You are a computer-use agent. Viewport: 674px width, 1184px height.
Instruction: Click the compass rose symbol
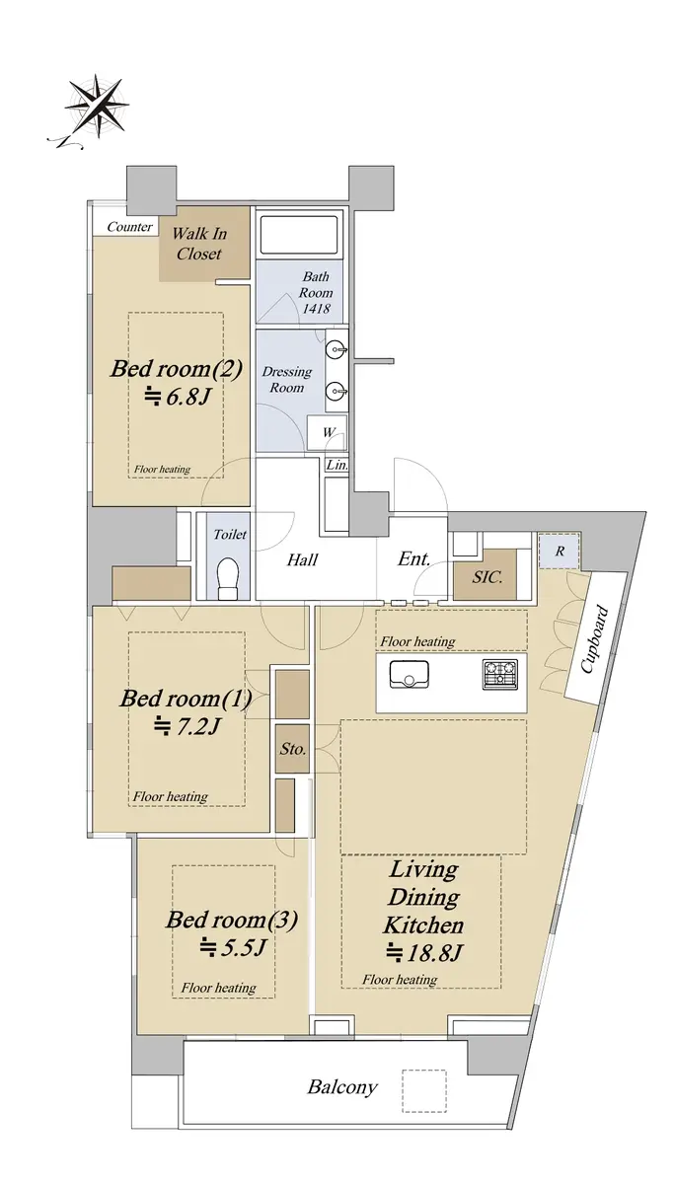click(98, 105)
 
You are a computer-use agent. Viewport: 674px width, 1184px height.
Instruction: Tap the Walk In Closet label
click(199, 244)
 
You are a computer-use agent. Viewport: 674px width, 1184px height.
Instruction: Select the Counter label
click(129, 227)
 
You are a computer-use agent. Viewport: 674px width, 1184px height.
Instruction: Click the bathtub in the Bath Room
click(299, 235)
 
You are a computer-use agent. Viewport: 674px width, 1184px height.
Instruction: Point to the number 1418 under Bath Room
click(316, 309)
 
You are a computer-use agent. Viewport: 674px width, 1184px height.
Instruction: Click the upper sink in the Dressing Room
click(337, 349)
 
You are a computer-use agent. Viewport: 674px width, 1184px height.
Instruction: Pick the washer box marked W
click(328, 432)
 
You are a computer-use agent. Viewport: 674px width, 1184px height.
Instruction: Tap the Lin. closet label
click(337, 465)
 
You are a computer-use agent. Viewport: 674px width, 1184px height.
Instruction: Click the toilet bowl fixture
click(228, 577)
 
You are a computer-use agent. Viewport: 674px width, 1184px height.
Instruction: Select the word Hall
click(302, 559)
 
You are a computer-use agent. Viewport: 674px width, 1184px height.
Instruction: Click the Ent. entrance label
click(413, 558)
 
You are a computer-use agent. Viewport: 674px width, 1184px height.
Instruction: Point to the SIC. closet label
click(487, 576)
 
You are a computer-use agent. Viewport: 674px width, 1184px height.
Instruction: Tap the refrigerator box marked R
click(560, 552)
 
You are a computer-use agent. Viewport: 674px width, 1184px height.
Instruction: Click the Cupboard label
click(594, 639)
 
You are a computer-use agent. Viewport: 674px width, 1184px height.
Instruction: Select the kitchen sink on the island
click(410, 675)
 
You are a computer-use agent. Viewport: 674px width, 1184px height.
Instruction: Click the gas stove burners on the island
click(500, 675)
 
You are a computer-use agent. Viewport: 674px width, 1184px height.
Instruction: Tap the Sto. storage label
click(293, 749)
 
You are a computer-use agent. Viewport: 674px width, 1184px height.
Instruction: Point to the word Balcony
click(342, 1087)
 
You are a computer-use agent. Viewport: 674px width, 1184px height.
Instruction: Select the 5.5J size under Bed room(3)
click(232, 946)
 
